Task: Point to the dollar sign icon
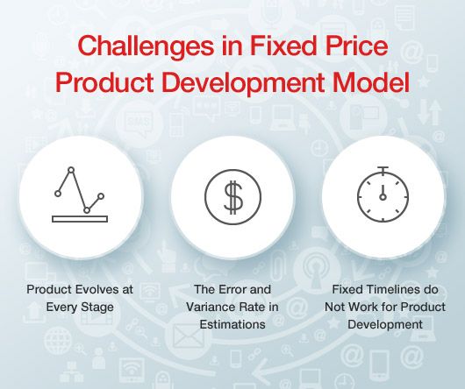click(232, 197)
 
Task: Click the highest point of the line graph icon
click(71, 170)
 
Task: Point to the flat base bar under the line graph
click(80, 219)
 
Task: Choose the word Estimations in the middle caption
click(232, 324)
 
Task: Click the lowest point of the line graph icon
click(88, 210)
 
